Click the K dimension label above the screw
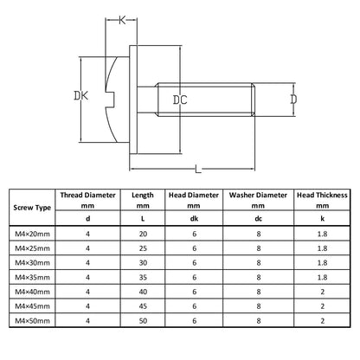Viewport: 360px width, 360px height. click(122, 20)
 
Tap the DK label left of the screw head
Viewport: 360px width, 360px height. click(81, 95)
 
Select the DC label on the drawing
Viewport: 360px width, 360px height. click(180, 100)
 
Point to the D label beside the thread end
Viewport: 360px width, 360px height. click(293, 100)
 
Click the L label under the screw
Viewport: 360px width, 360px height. click(198, 169)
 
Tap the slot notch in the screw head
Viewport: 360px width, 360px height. click(110, 100)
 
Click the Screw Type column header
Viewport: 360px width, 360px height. click(32, 208)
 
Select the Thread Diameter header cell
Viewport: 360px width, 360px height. click(87, 200)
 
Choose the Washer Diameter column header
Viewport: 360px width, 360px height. click(258, 200)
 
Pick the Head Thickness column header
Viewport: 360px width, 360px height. click(322, 200)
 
